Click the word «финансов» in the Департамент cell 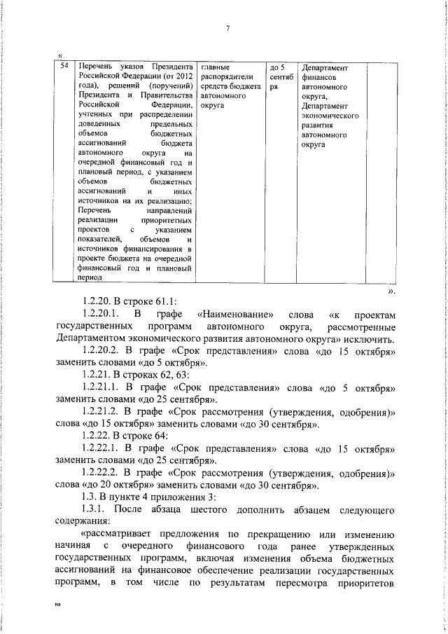[317, 78]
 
